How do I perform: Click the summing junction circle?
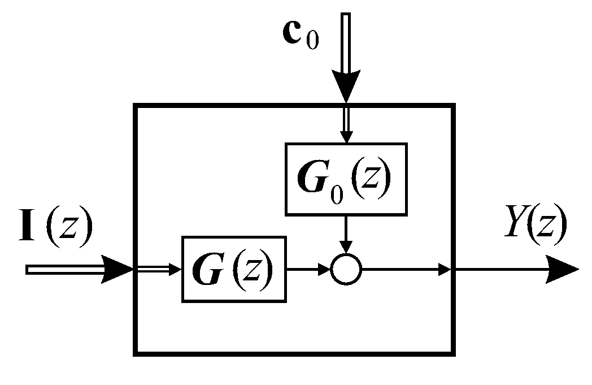[346, 270]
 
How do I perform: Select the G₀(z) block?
[345, 179]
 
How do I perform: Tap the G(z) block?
[234, 270]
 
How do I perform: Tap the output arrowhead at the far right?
[562, 270]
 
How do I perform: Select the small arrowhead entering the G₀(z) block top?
[346, 137]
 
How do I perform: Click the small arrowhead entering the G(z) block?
[175, 270]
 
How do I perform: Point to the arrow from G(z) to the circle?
[308, 270]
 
